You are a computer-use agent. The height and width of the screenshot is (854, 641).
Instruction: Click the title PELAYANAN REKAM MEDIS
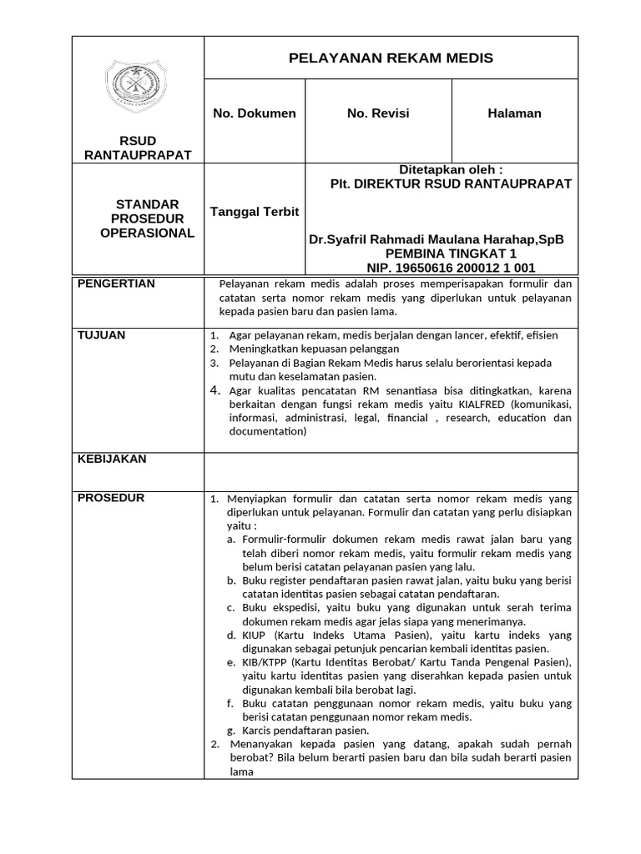[391, 58]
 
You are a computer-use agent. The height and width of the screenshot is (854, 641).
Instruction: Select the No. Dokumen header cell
[255, 113]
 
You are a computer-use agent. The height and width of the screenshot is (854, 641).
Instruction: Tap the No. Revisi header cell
[378, 113]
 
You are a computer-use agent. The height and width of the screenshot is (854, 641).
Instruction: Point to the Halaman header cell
[514, 113]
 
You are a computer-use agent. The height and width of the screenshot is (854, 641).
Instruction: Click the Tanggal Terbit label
[255, 211]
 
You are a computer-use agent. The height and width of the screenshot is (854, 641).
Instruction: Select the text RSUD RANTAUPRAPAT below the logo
[138, 148]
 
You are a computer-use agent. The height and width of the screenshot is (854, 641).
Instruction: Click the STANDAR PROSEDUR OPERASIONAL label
[147, 219]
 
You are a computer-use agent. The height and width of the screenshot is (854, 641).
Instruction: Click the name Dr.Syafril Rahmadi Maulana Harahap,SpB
[437, 239]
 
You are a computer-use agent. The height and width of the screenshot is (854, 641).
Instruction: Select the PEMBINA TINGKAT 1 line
[451, 254]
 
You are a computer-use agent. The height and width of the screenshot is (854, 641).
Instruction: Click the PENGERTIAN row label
[116, 284]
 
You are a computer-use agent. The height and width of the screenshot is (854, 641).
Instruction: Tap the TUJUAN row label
[101, 334]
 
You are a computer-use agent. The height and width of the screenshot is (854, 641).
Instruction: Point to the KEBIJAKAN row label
[112, 459]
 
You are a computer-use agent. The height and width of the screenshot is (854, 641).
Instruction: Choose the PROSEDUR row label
[111, 498]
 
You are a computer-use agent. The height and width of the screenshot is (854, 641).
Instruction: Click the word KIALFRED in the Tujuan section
[482, 404]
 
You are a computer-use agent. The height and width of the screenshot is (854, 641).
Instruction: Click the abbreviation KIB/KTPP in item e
[267, 663]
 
